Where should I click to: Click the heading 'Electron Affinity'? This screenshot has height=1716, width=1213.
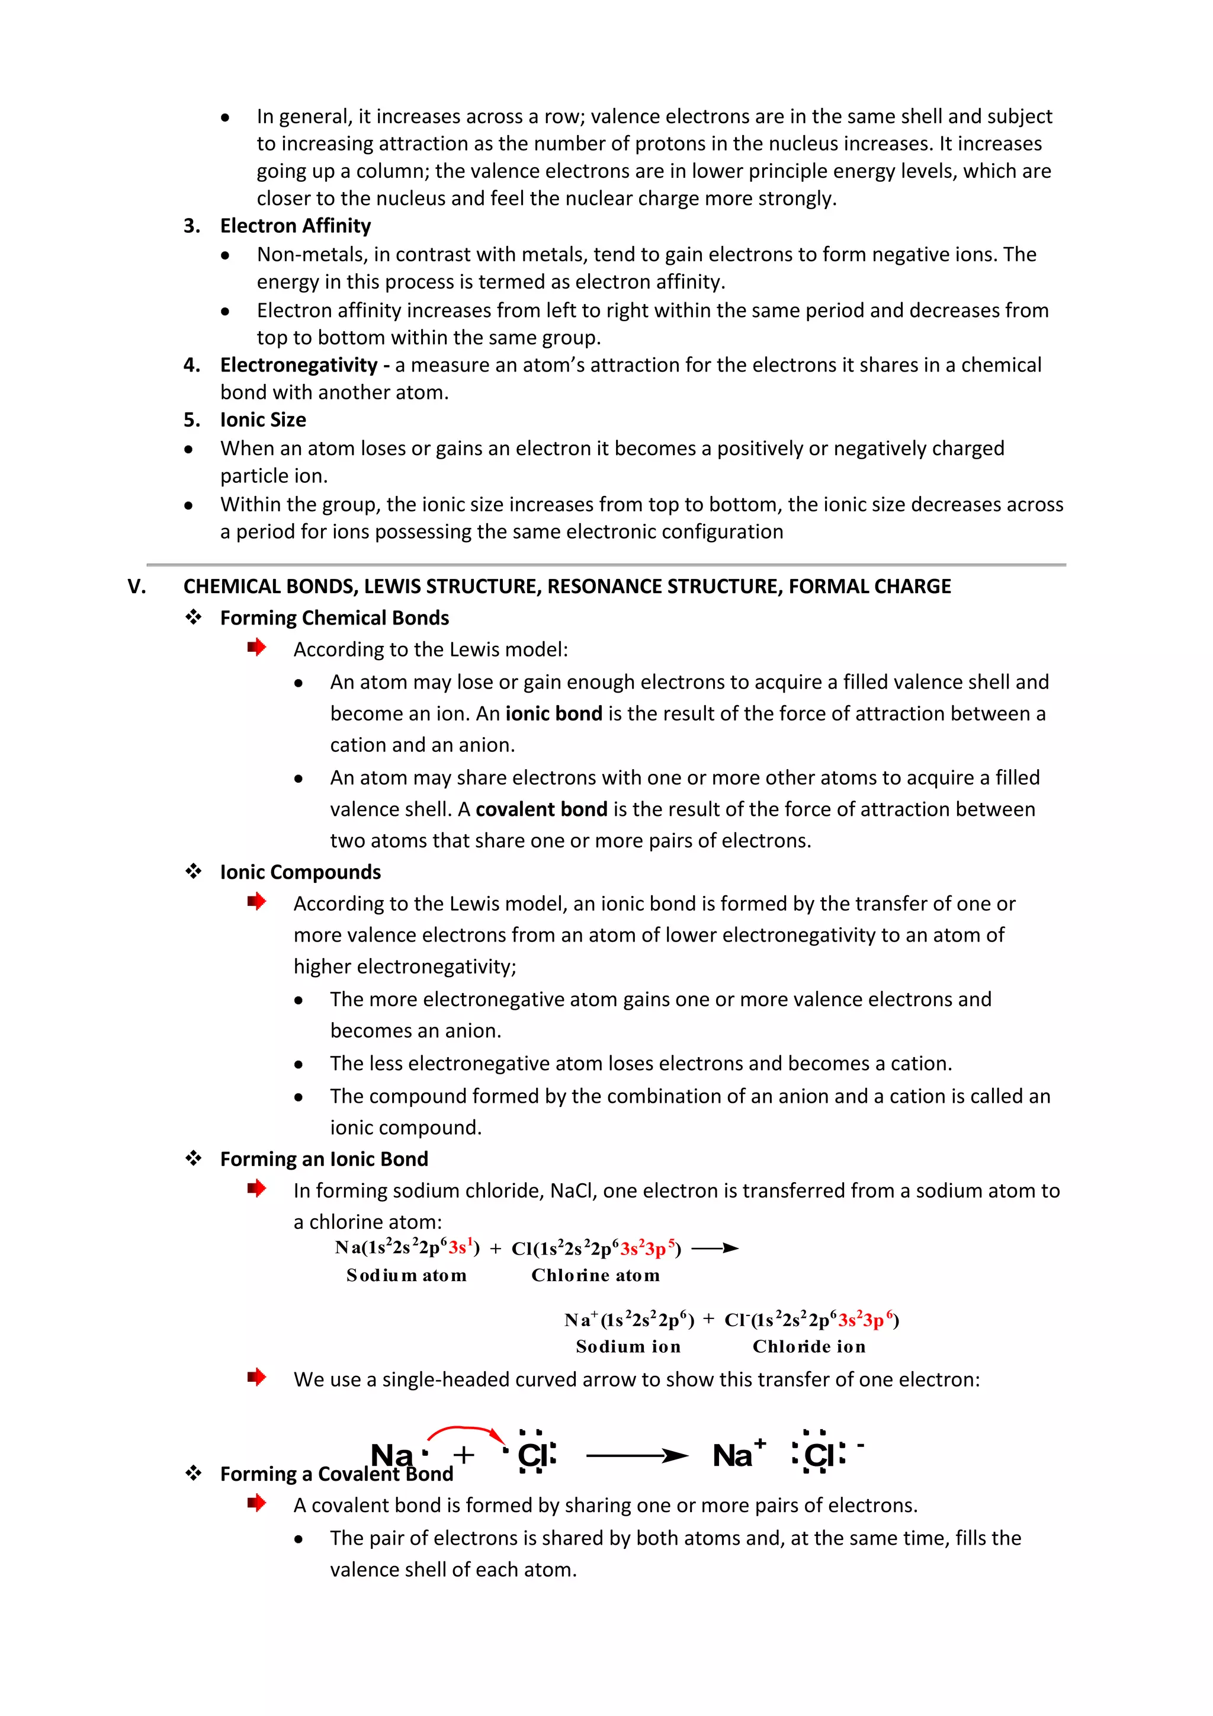(295, 226)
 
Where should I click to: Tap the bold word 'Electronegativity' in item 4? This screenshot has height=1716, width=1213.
(298, 365)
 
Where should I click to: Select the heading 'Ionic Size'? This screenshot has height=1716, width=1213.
(263, 420)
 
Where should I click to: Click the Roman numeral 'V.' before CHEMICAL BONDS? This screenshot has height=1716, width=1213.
(137, 587)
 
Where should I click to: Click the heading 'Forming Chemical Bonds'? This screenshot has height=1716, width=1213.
(334, 618)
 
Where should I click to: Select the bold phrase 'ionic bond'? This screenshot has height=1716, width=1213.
(553, 714)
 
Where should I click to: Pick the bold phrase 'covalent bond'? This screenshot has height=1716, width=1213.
(541, 809)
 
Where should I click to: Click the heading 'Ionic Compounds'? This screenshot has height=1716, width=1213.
(300, 872)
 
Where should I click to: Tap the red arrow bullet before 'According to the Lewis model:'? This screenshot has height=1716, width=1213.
(257, 647)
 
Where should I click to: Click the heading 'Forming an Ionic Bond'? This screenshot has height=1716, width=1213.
(323, 1159)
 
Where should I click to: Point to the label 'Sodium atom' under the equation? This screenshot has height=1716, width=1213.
(406, 1276)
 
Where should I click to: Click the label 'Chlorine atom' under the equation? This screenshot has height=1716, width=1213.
(595, 1276)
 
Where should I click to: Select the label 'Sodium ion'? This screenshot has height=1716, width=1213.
(628, 1347)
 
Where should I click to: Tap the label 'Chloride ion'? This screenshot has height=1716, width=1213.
(809, 1347)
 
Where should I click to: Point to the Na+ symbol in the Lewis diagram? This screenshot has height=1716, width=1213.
(738, 1455)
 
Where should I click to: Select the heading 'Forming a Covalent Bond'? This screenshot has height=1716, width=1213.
(336, 1474)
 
